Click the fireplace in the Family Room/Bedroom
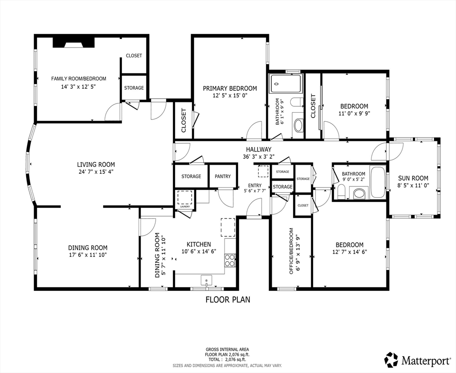(74, 42)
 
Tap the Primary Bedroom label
(230, 88)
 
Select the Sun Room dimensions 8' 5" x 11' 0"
(413, 185)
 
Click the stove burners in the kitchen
(230, 260)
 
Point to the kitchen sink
(207, 280)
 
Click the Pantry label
(223, 176)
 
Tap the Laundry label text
(185, 206)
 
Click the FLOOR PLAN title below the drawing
(228, 300)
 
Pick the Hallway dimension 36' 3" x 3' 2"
(259, 156)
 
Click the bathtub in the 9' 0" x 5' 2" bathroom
(378, 182)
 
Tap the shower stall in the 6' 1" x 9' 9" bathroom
(286, 84)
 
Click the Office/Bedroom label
(291, 251)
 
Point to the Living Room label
(96, 165)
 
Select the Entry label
(255, 186)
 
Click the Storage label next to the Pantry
(191, 176)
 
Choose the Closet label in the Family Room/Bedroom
(134, 55)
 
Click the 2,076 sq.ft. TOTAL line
(228, 359)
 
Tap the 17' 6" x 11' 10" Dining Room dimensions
(88, 255)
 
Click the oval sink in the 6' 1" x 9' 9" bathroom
(298, 125)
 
